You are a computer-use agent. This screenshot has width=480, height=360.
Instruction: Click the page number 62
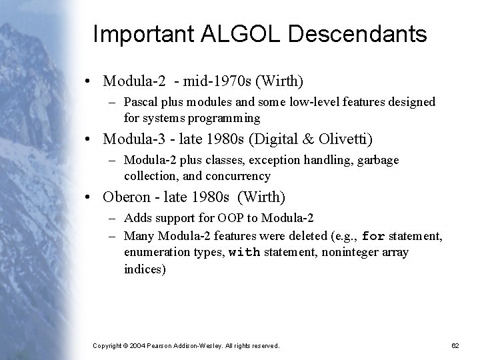click(455, 345)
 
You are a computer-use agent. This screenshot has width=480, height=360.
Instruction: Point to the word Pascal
click(141, 102)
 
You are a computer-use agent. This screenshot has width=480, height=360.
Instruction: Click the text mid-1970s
click(205, 81)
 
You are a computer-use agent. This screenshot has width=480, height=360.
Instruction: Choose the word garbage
click(378, 160)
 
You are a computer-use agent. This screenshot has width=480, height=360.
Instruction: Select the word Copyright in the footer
click(110, 345)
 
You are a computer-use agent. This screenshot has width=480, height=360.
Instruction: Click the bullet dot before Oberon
click(89, 197)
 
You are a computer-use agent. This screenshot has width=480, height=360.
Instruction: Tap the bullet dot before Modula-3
click(89, 139)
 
